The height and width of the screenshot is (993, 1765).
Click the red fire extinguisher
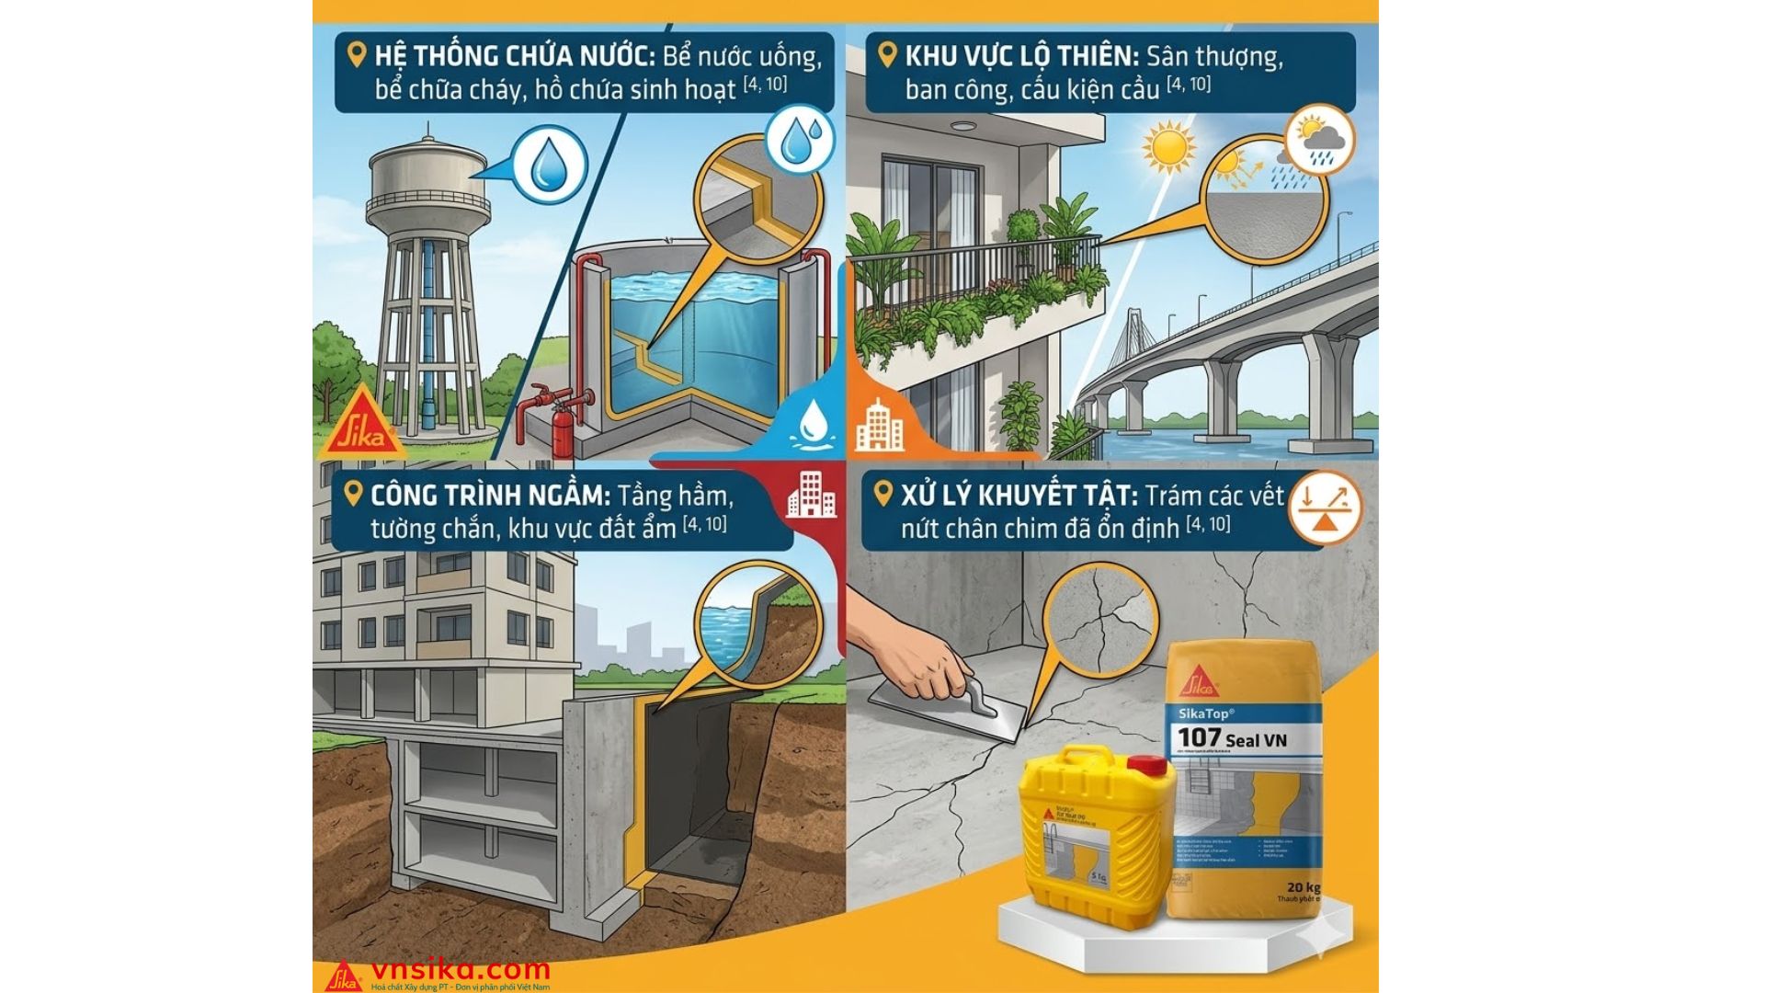(562, 427)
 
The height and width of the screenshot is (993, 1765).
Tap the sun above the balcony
(1168, 147)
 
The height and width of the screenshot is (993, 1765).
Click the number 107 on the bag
(1200, 737)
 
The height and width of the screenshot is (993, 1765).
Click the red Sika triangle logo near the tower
(362, 424)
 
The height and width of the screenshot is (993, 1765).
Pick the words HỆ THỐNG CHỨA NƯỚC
(514, 56)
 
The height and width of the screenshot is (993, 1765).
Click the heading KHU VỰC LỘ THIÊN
(1021, 56)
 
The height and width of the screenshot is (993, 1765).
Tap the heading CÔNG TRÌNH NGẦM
(490, 496)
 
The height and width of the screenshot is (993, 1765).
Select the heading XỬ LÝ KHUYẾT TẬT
(1016, 496)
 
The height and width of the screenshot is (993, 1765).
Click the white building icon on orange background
(880, 425)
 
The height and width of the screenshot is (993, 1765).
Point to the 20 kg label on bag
(1303, 886)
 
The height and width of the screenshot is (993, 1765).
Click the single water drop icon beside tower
(549, 165)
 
